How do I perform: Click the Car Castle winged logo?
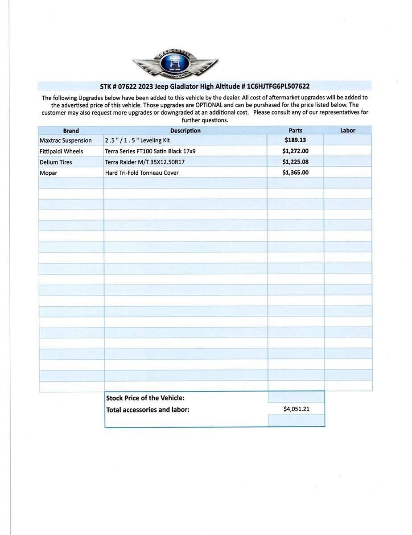[175, 65]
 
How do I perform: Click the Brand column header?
[71, 131]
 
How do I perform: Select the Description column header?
[185, 131]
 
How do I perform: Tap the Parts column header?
[295, 131]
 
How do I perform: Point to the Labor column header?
[348, 131]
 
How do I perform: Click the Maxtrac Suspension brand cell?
[66, 140]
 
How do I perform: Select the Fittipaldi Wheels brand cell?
[61, 151]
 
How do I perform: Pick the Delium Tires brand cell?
[56, 162]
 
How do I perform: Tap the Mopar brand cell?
[49, 173]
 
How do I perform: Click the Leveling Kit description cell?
[137, 140]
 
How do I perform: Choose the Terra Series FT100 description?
[150, 151]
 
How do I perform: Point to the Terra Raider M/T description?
[145, 162]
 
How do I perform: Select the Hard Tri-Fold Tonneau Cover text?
[142, 173]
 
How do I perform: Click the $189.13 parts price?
[295, 140]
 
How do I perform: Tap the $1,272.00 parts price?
[295, 151]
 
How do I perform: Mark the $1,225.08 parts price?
[295, 162]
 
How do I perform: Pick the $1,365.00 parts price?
[295, 173]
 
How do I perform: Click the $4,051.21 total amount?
[296, 408]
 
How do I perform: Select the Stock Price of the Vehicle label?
[145, 398]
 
